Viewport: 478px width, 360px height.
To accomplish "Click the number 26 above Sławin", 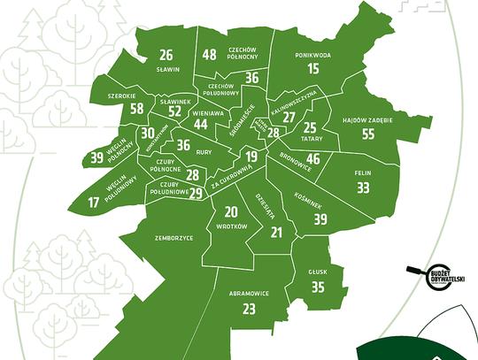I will pyautogui.click(x=166, y=55).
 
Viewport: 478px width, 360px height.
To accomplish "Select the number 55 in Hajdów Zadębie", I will pyautogui.click(x=369, y=134).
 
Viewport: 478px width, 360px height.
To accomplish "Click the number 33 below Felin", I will pyautogui.click(x=363, y=188).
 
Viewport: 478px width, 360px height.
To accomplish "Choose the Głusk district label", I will pyautogui.click(x=318, y=273).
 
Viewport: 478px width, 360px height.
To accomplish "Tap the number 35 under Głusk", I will pyautogui.click(x=318, y=287).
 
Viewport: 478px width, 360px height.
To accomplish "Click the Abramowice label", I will pyautogui.click(x=248, y=293).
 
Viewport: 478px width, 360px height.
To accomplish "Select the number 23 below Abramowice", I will pyautogui.click(x=249, y=309).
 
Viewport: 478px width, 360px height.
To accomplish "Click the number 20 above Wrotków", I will pyautogui.click(x=230, y=212).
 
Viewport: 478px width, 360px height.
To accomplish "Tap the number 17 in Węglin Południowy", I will pyautogui.click(x=94, y=203).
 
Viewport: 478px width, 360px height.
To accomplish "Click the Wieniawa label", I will pyautogui.click(x=207, y=114).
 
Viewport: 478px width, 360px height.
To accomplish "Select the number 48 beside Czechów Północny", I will pyautogui.click(x=209, y=55).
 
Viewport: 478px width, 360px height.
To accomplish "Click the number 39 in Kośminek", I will pyautogui.click(x=320, y=218).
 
